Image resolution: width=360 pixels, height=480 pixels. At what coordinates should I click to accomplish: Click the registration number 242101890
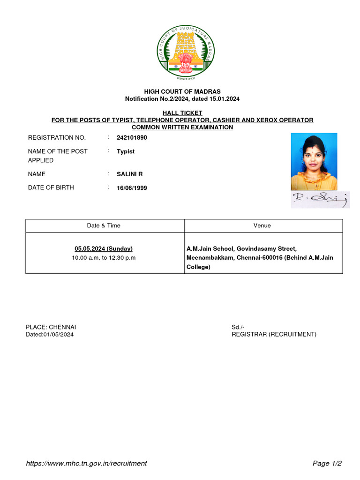click(132, 138)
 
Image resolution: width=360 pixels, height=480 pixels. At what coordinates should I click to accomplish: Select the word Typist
click(126, 151)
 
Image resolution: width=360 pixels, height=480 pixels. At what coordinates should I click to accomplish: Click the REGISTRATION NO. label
click(57, 138)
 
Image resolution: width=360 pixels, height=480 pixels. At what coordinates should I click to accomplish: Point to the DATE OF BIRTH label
click(51, 187)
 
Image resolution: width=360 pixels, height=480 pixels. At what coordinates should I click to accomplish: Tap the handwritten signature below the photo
click(320, 200)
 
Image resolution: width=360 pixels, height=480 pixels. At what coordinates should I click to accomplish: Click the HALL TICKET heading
click(182, 113)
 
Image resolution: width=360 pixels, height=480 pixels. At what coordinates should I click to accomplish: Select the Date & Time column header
click(104, 225)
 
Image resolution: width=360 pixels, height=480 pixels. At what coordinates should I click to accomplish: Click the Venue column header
click(262, 225)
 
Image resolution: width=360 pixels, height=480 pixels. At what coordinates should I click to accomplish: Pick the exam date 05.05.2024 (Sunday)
click(104, 248)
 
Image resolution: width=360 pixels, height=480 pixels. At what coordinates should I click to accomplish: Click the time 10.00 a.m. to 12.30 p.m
click(104, 258)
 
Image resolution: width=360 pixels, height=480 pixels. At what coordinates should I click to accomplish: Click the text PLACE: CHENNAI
click(51, 327)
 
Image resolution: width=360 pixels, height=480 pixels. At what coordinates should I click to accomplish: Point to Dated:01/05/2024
click(50, 334)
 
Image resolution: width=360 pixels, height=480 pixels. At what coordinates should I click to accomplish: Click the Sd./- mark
click(238, 327)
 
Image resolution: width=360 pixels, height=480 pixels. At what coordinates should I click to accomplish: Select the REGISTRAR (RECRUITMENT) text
click(274, 334)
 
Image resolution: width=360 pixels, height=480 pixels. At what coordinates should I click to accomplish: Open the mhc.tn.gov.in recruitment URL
click(86, 463)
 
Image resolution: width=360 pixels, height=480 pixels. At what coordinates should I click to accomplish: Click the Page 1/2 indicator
click(327, 463)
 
